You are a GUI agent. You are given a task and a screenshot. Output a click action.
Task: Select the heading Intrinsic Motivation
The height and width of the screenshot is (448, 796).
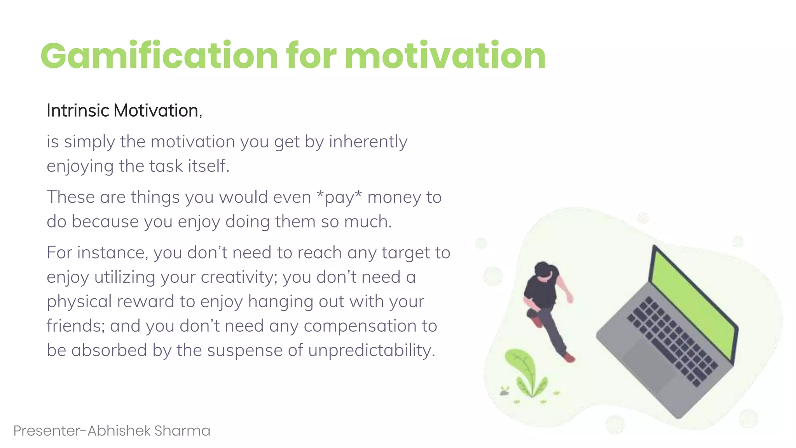124,110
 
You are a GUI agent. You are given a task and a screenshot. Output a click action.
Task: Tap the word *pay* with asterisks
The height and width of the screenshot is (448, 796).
339,197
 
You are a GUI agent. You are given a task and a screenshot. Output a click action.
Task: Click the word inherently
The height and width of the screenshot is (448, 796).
368,142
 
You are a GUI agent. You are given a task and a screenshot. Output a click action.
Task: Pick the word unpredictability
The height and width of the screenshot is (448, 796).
371,350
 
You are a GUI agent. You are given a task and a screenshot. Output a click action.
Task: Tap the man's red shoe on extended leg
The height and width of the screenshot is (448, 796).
569,357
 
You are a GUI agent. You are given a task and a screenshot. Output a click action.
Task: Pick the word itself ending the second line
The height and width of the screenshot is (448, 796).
208,166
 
